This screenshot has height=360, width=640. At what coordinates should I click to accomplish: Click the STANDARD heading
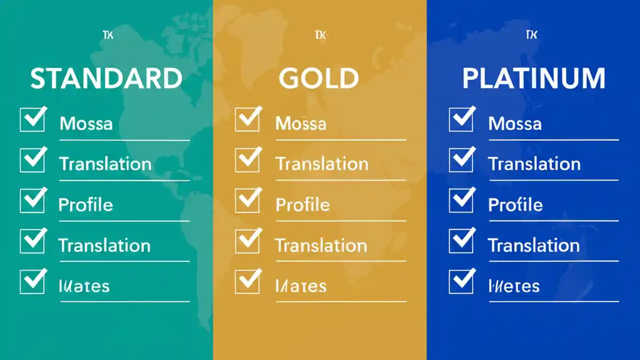point(106,79)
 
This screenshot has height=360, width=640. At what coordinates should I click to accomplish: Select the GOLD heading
point(318,79)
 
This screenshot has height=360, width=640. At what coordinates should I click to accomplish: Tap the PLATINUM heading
point(533,79)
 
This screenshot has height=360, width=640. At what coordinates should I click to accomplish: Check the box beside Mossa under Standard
point(32,120)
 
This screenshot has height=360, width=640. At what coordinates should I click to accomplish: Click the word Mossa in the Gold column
point(300,123)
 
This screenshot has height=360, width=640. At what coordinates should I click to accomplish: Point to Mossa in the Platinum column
point(514,123)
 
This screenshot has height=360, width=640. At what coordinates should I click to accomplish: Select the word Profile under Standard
point(85,205)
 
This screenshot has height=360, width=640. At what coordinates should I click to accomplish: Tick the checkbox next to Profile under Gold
point(247,201)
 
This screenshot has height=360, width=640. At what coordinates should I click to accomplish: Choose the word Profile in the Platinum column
point(515,205)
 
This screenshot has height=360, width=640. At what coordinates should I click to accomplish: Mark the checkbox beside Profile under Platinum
point(461,201)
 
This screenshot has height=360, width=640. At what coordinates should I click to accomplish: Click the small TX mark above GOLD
point(320,35)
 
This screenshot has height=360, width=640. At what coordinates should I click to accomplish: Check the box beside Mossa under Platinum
point(461,120)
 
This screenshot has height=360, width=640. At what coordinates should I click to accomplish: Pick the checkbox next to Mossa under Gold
point(247,120)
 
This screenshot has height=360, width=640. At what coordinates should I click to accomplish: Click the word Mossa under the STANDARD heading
point(86,123)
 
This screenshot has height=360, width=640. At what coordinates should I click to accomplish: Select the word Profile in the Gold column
point(302,205)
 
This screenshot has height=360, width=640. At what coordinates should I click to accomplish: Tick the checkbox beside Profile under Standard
point(32,201)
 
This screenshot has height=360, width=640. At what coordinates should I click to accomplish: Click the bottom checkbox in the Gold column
point(247,282)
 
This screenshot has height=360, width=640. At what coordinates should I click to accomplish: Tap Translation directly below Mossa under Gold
point(322,164)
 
